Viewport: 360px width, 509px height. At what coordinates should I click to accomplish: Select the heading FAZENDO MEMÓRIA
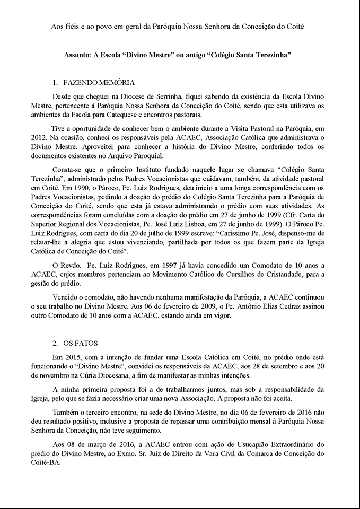pyautogui.click(x=99, y=83)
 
